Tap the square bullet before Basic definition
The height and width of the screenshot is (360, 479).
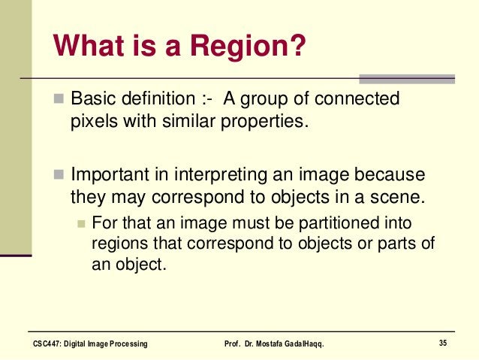[x=60, y=100]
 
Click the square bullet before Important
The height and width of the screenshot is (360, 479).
[x=60, y=176]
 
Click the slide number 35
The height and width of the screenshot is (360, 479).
[x=443, y=343]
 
